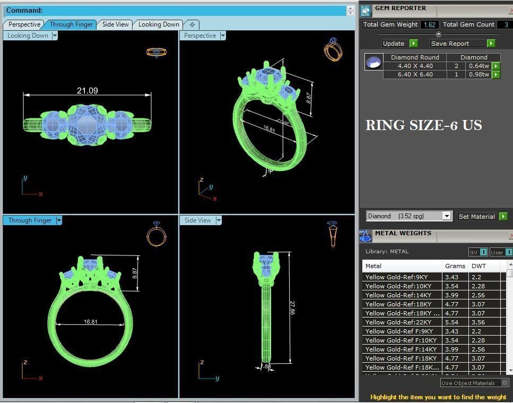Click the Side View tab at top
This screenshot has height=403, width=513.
coord(115,24)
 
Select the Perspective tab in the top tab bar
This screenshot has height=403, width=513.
coord(24,24)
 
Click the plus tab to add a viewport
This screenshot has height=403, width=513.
coord(192,24)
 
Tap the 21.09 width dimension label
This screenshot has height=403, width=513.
coord(87,91)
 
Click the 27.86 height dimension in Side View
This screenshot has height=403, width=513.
coord(292,307)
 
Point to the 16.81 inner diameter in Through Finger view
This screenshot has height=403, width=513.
coord(90,322)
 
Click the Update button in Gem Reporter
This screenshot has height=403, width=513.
coord(394,44)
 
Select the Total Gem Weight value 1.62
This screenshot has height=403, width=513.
coord(429,24)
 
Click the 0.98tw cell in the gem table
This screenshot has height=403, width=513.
coord(479,74)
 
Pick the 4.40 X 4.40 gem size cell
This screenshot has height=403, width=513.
coord(415,66)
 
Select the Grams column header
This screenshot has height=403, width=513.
coord(455,266)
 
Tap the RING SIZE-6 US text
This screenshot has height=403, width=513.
coord(423,126)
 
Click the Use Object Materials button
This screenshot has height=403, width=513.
coord(468,383)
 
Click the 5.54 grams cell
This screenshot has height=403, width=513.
coord(451,322)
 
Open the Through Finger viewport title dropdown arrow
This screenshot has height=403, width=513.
coord(59,220)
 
